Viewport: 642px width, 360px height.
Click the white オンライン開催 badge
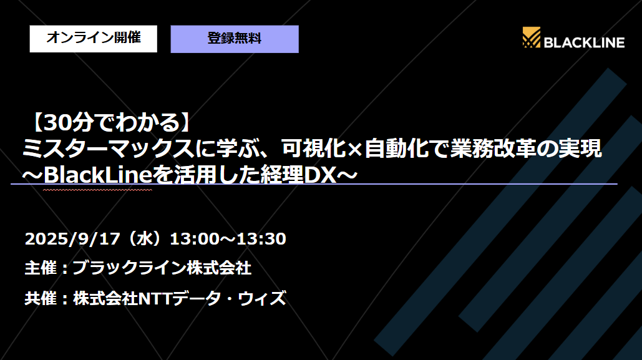pos(93,39)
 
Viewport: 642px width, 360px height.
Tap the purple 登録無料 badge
pos(235,39)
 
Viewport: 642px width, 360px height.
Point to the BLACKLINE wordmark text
pos(584,42)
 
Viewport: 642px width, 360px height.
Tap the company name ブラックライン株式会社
pos(162,268)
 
